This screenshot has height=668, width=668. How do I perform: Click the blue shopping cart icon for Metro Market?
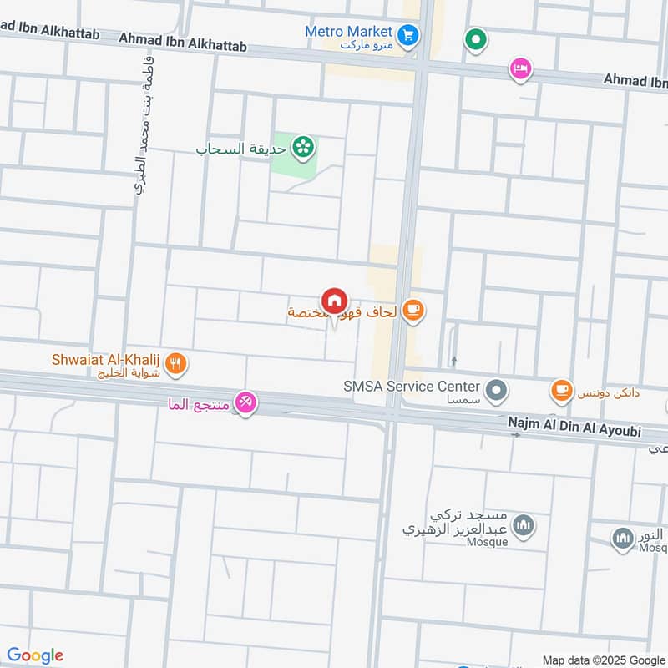[x=407, y=34]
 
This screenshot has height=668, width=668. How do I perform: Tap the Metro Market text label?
[x=348, y=32]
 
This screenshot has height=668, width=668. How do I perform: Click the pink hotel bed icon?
[x=520, y=68]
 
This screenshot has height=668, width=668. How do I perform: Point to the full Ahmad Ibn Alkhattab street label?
[x=183, y=38]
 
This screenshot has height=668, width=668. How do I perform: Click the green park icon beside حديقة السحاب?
[x=304, y=148]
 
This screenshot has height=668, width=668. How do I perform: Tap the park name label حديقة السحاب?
[x=241, y=149]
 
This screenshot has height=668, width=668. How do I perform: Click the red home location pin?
[x=334, y=301]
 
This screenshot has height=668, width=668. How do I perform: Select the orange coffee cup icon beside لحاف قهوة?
[x=412, y=311]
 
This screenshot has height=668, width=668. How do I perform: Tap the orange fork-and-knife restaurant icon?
[x=175, y=363]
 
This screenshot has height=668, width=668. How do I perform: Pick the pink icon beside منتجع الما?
[x=245, y=404]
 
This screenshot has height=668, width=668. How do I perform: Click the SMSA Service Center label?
[x=412, y=386]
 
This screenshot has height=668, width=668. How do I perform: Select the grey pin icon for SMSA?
[x=497, y=389]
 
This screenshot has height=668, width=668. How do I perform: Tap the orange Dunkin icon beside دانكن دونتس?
[x=561, y=389]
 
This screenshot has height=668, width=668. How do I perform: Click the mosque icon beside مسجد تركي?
[x=524, y=526]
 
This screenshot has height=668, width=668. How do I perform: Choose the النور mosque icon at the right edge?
[x=622, y=539]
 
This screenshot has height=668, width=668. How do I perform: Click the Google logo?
[x=35, y=655]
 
